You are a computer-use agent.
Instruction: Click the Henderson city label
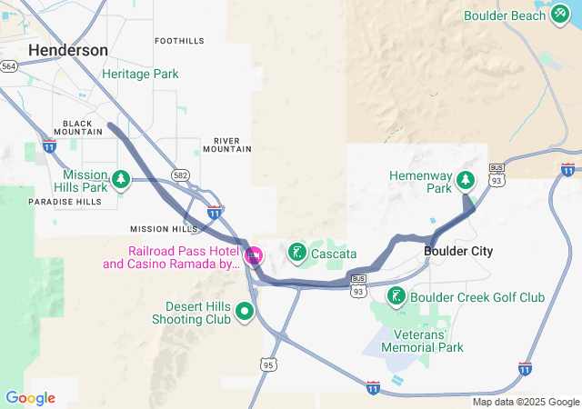68,50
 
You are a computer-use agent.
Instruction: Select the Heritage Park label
140,74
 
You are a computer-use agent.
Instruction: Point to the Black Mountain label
77,126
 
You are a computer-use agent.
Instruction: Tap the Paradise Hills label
65,202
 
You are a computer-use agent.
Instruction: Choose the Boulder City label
458,251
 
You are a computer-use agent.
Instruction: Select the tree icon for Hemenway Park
466,179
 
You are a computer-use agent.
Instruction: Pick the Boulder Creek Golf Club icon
396,296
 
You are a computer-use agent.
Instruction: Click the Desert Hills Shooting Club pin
244,312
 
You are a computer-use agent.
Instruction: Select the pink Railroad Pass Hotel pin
254,255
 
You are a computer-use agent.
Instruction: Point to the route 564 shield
9,66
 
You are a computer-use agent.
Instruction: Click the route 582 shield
180,173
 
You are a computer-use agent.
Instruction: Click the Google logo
30,398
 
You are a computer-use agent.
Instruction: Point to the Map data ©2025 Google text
525,402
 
